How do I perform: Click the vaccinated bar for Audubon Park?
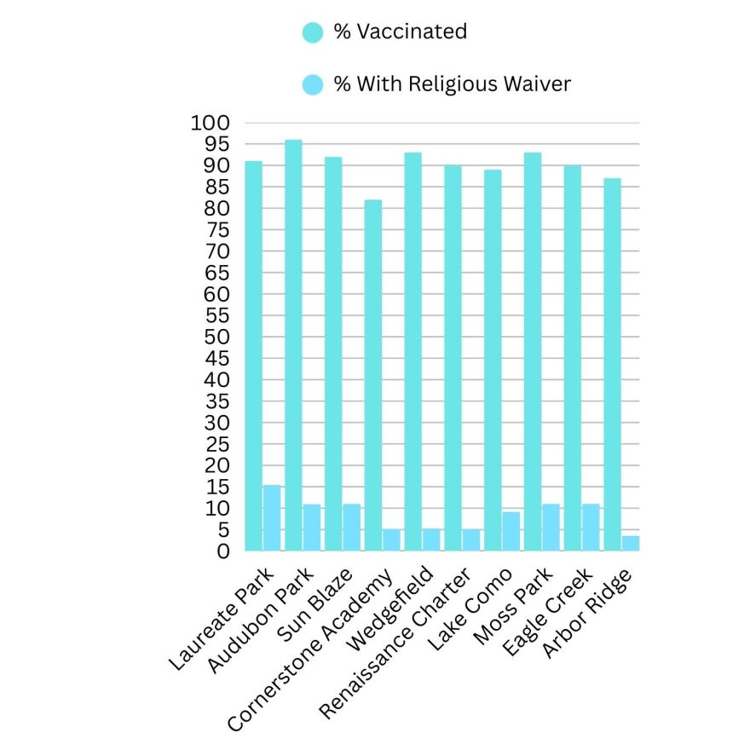(x=293, y=345)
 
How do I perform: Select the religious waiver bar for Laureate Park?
(x=272, y=518)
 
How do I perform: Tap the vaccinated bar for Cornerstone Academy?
(x=373, y=375)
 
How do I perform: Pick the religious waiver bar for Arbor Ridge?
(x=631, y=543)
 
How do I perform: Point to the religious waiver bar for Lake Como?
(x=511, y=531)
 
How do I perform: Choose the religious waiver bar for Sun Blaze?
(x=351, y=528)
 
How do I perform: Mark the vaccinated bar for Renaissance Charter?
(x=453, y=358)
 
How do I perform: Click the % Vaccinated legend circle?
(x=313, y=32)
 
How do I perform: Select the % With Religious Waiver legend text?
(x=452, y=84)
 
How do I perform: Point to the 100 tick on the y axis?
(x=211, y=123)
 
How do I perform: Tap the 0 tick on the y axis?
(x=223, y=551)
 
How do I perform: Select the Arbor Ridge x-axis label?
(x=587, y=613)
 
